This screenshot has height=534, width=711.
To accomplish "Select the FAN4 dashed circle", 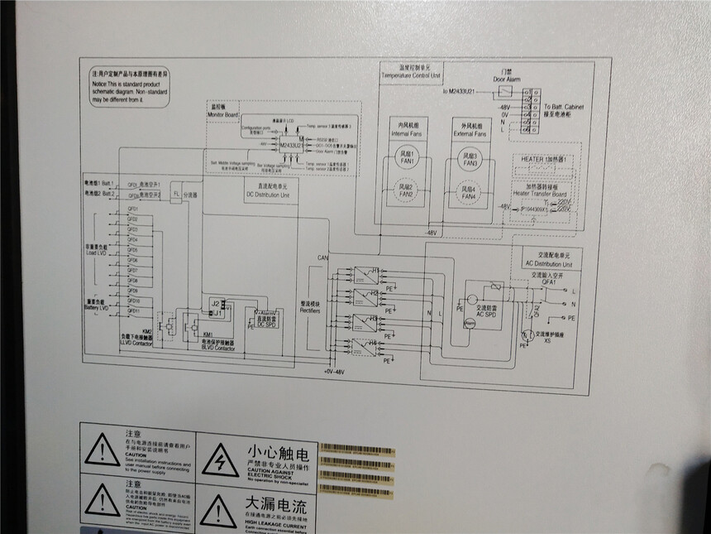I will (x=470, y=195).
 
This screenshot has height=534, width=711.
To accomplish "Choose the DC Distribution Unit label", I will (x=268, y=194).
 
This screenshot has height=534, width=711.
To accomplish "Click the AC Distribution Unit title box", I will (x=554, y=259).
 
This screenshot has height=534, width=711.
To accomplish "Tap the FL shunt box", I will (x=175, y=193).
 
